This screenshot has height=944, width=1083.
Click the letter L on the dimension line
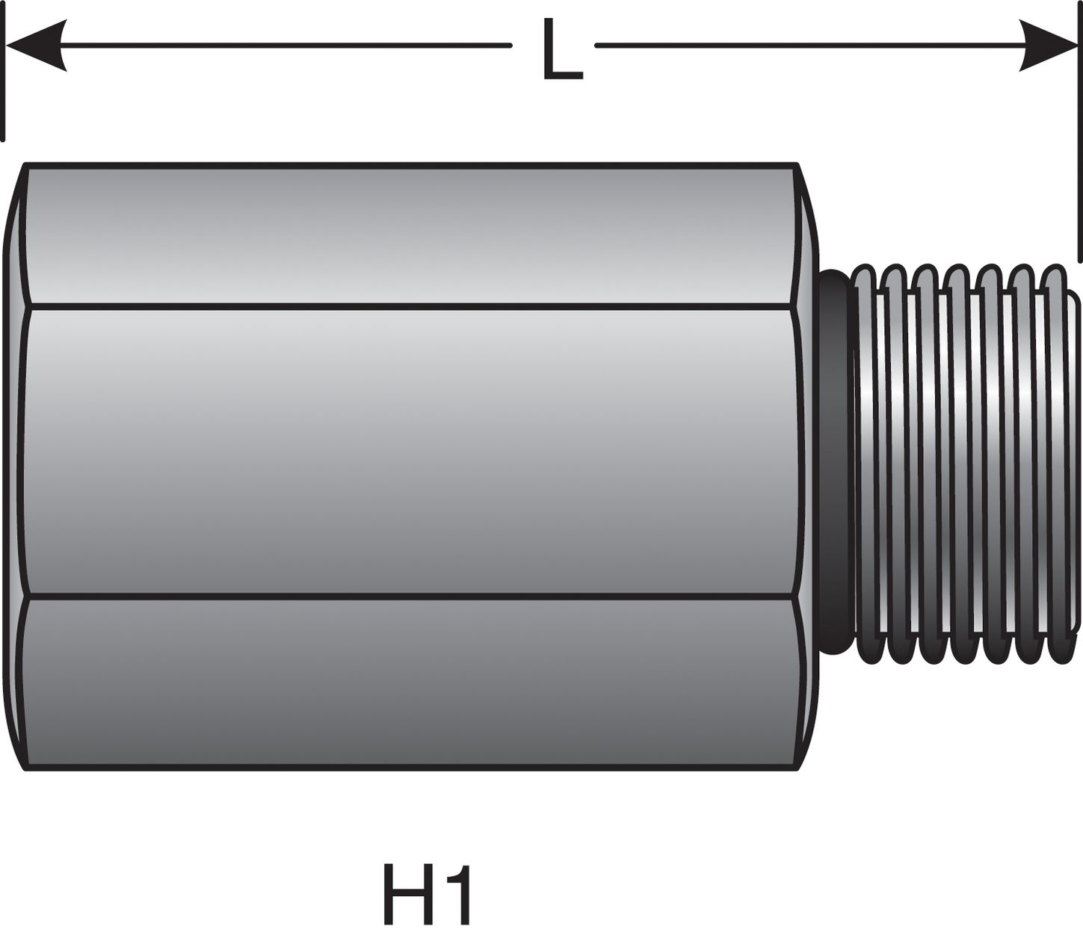[x=561, y=50]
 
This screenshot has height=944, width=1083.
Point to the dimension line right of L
[x=807, y=46]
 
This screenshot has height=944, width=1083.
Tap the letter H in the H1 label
[x=408, y=894]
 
